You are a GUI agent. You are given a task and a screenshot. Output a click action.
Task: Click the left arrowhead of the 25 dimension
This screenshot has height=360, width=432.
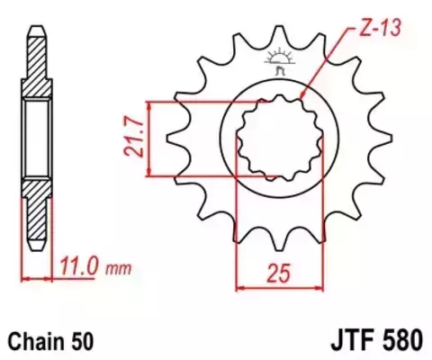239,289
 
